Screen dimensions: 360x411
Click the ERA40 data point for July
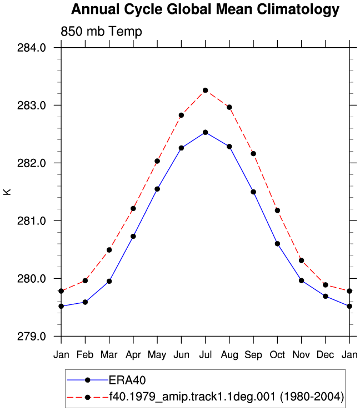coord(206,132)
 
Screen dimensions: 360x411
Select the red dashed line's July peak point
coord(206,90)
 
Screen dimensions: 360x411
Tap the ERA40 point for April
coord(133,237)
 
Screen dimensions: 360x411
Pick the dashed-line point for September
coord(253,154)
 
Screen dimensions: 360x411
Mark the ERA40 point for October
coord(277,244)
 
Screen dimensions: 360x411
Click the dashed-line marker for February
coord(85,280)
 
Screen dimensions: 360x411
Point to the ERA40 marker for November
coord(302,280)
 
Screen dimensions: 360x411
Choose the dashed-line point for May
coord(157,161)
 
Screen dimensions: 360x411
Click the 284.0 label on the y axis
coord(32,48)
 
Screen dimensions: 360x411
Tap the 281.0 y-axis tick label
coord(32,221)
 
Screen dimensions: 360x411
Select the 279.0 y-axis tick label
coord(32,336)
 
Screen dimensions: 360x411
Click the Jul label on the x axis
coord(206,355)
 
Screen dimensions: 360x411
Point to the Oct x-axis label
coord(277,355)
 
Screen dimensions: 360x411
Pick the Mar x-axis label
coord(109,355)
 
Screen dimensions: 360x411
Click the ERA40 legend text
coord(127,380)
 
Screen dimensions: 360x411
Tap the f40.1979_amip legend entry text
coord(227,397)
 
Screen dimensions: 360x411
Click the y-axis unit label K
coord(7,192)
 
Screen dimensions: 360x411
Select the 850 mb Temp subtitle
coord(101,32)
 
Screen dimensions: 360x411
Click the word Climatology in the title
coord(298,9)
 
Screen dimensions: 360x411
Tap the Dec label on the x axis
coord(326,355)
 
